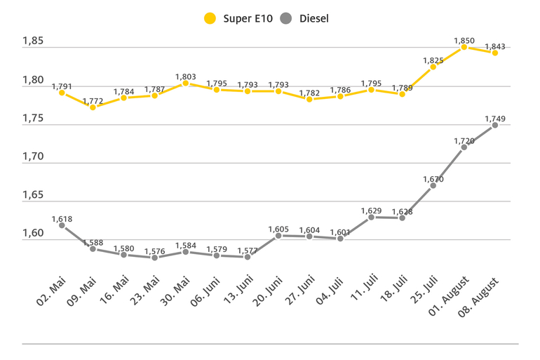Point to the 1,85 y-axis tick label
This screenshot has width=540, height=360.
pyautogui.click(x=33, y=41)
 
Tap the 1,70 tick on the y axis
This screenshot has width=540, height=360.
pyautogui.click(x=33, y=156)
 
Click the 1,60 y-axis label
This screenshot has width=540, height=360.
pyautogui.click(x=33, y=233)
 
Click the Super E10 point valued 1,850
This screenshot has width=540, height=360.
pyautogui.click(x=464, y=47)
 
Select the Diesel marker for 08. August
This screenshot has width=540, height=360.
pyautogui.click(x=494, y=125)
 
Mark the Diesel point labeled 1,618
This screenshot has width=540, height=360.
pyautogui.click(x=62, y=225)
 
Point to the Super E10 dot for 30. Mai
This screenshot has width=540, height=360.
pyautogui.click(x=185, y=83)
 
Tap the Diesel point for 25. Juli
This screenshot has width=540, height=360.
pyautogui.click(x=433, y=185)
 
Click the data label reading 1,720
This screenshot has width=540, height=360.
pyautogui.click(x=464, y=140)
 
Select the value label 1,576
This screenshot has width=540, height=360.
pyautogui.click(x=154, y=251)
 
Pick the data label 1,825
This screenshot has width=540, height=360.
pyautogui.click(x=433, y=60)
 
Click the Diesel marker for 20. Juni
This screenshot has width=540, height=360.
pyautogui.click(x=278, y=236)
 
